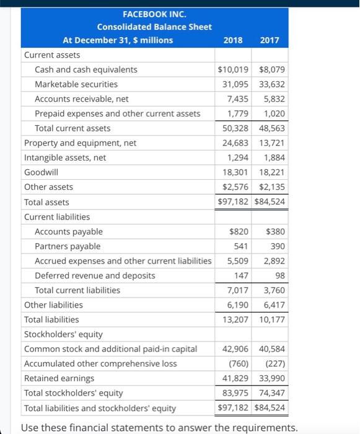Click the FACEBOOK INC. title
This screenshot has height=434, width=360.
154,14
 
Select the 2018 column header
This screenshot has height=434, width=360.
233,40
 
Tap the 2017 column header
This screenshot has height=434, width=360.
270,40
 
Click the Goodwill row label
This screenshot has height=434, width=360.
42,172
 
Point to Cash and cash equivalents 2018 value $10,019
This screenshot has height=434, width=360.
233,69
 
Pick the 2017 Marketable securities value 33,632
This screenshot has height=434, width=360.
272,84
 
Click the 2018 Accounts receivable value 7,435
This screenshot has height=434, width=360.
238,99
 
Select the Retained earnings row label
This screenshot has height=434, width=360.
59,378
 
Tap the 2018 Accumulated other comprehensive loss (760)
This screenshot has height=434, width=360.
239,364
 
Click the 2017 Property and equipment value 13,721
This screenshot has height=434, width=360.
272,143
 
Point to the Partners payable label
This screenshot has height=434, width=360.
68,246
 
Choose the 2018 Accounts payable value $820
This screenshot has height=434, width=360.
239,231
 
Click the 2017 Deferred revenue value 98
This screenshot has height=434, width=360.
280,275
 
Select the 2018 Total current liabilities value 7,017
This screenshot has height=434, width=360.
238,290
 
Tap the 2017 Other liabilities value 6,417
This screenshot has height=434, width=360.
274,305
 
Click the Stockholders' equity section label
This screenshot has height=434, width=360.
63,334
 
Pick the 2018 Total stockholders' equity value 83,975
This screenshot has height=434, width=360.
235,393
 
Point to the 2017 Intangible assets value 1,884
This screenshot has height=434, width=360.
274,157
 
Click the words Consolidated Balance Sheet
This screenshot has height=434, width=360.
154,27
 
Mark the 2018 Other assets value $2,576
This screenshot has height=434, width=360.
235,187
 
